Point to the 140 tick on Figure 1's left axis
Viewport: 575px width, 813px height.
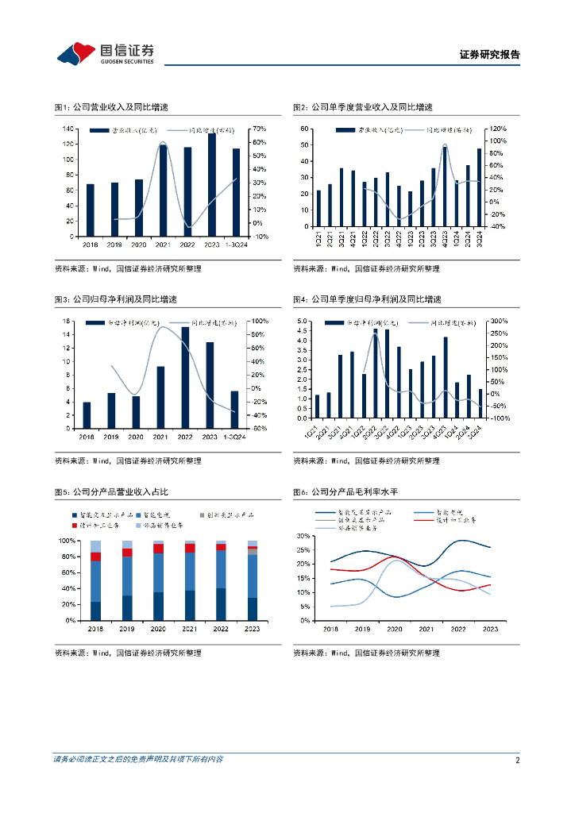[x=69, y=129]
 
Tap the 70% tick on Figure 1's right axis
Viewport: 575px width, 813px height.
[x=260, y=129]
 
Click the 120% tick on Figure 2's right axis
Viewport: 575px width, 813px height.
[x=497, y=129]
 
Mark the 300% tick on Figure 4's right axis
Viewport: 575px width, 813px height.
[x=498, y=322]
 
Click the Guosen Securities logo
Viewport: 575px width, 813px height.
[x=105, y=54]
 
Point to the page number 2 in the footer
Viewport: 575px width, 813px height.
[x=517, y=760]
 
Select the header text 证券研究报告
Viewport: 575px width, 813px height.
[x=489, y=55]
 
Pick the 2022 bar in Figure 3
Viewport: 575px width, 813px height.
[x=185, y=376]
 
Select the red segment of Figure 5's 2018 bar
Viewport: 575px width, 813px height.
[x=96, y=557]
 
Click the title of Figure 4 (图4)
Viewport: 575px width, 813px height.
[x=366, y=299]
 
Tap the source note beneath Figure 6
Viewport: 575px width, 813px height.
[x=366, y=653]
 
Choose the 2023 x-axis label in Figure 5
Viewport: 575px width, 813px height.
[x=252, y=628]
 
